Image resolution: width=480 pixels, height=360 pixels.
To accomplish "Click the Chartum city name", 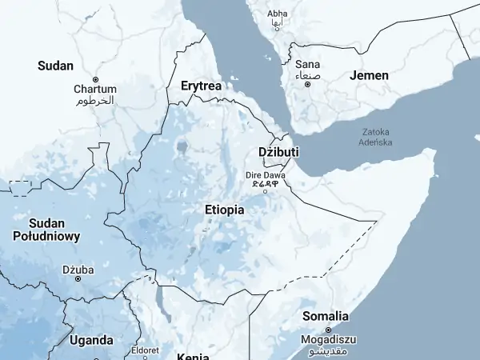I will (95, 90).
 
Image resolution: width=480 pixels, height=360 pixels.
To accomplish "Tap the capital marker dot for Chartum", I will (95, 79).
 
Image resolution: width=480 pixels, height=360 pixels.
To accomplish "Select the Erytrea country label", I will (201, 85).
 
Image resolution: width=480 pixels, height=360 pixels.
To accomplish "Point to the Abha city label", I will (278, 14).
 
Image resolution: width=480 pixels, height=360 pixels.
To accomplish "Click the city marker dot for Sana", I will (307, 84).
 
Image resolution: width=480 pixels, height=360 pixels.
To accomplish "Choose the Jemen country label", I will (369, 75).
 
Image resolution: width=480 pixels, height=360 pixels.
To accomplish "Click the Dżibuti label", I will (278, 152).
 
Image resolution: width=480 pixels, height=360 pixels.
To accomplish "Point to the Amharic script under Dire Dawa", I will (265, 182).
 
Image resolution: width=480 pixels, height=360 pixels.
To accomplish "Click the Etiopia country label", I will (224, 210).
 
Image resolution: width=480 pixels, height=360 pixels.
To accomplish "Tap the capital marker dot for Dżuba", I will (78, 278).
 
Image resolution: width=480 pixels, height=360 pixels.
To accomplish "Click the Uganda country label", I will (91, 340).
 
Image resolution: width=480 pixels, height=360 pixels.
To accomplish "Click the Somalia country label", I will (325, 316).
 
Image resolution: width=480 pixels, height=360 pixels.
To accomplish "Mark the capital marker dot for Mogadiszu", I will (326, 329).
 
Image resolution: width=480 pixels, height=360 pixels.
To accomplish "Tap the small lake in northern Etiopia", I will (183, 147).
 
